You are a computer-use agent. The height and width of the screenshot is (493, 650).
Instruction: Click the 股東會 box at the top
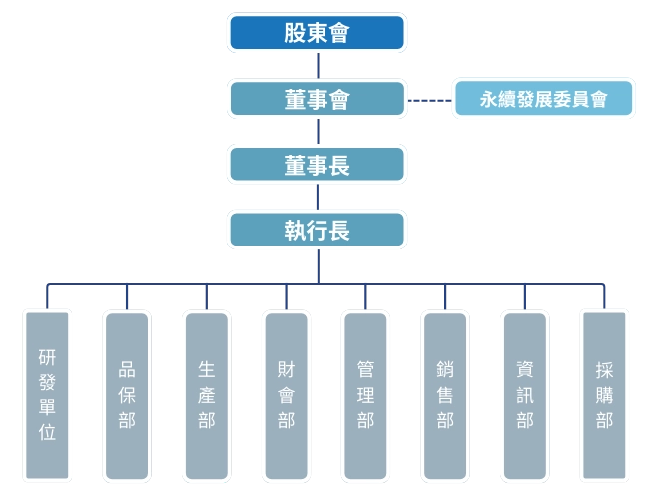317,33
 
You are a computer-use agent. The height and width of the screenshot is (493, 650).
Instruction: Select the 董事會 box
317,99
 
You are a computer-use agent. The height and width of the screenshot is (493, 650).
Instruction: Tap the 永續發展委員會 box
543,100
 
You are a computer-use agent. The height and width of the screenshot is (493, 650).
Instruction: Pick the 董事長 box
317,165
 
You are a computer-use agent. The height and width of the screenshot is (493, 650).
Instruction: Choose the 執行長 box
317,230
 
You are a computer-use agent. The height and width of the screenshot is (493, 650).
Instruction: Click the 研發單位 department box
47,394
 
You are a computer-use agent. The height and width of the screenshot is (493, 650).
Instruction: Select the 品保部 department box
127,394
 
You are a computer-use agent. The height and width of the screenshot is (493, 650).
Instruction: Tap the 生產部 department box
207,394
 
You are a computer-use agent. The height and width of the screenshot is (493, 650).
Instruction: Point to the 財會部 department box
286,394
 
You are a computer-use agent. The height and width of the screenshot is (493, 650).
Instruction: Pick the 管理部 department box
365,394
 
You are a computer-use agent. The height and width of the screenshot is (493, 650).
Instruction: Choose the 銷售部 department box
445,394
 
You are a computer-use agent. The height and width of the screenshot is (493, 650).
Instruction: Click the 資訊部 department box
525,394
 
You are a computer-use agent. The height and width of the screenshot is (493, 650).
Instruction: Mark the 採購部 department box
604,394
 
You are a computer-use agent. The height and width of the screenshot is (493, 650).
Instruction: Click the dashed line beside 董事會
429,100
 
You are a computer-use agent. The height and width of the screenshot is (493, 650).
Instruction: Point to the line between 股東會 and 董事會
318,66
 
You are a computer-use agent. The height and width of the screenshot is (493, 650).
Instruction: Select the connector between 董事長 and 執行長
318,198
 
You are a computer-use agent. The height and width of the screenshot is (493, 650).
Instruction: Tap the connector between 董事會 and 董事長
318,132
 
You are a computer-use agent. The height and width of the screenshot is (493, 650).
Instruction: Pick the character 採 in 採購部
604,368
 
